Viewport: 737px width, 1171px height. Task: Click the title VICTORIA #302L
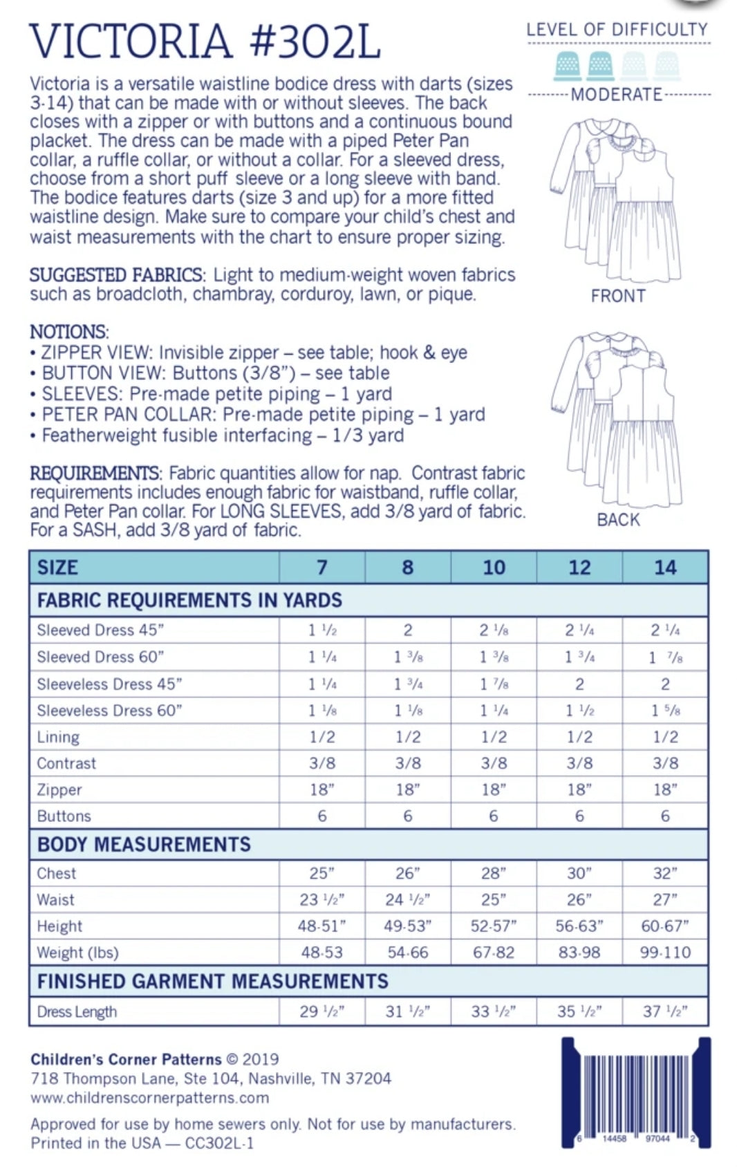tap(205, 41)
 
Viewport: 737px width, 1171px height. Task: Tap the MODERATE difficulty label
tap(616, 95)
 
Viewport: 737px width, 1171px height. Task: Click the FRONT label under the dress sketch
tap(618, 296)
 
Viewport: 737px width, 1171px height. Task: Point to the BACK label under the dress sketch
tap(618, 520)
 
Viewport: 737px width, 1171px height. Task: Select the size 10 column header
tap(494, 568)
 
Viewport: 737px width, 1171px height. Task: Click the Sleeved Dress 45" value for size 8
tap(408, 630)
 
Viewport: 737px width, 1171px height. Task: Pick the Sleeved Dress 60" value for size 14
tap(665, 657)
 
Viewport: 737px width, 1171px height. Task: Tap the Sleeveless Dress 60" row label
tap(109, 711)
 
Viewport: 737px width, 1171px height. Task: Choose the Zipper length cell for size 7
tap(322, 789)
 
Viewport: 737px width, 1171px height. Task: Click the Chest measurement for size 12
tap(579, 873)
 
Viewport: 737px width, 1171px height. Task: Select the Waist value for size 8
tap(408, 899)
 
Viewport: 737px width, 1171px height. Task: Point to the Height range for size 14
tap(665, 926)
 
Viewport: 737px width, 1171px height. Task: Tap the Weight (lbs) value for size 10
tap(494, 953)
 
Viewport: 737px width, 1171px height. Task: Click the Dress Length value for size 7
tap(322, 1011)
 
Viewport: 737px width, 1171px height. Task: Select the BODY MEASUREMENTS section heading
tap(144, 844)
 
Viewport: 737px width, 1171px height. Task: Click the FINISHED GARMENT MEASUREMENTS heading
tap(213, 981)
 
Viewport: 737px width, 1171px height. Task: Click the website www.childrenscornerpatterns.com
tap(150, 1098)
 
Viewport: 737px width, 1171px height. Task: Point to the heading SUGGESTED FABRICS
tap(116, 274)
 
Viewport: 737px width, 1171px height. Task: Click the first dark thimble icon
tap(568, 66)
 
